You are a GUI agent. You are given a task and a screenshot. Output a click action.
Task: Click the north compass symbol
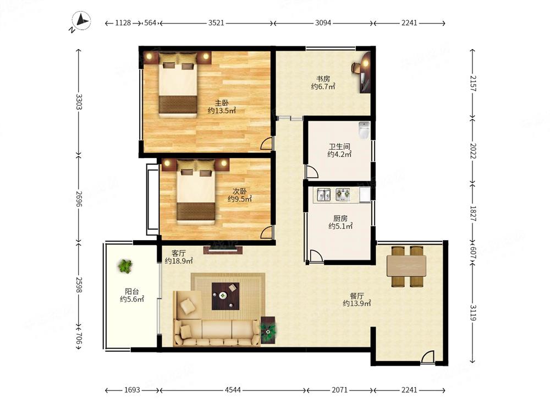[x=81, y=21]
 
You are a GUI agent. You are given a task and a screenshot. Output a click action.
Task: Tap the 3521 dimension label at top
[x=216, y=23]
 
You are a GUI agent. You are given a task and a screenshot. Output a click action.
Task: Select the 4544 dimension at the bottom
[x=233, y=390]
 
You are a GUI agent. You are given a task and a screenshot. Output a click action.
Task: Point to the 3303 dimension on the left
[x=79, y=102]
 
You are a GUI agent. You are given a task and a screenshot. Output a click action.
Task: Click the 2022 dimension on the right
[x=473, y=151]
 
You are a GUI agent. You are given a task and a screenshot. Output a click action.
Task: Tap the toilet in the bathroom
[x=365, y=131]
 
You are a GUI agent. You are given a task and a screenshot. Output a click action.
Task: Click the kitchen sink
[x=323, y=194]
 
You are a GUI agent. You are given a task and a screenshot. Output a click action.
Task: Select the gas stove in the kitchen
[x=343, y=194]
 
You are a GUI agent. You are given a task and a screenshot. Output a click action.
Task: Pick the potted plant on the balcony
[x=125, y=266]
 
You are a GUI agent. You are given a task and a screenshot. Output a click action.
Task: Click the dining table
[x=406, y=266]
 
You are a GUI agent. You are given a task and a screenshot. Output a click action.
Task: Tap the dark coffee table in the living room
[x=226, y=296]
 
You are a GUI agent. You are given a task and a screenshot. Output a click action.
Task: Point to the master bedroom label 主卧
[x=222, y=103]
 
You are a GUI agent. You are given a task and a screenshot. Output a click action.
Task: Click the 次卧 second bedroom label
[x=240, y=192]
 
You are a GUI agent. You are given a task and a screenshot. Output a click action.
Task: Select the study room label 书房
[x=323, y=79]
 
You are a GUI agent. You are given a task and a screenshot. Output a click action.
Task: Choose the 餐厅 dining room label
[x=357, y=296]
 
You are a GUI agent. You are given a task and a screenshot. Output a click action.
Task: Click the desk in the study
[x=365, y=73]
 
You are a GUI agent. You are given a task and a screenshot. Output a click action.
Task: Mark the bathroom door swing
[x=312, y=172]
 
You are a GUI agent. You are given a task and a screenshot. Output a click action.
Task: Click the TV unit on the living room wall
[x=223, y=249]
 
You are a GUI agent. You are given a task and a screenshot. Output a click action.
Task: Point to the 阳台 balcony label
[x=132, y=291]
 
